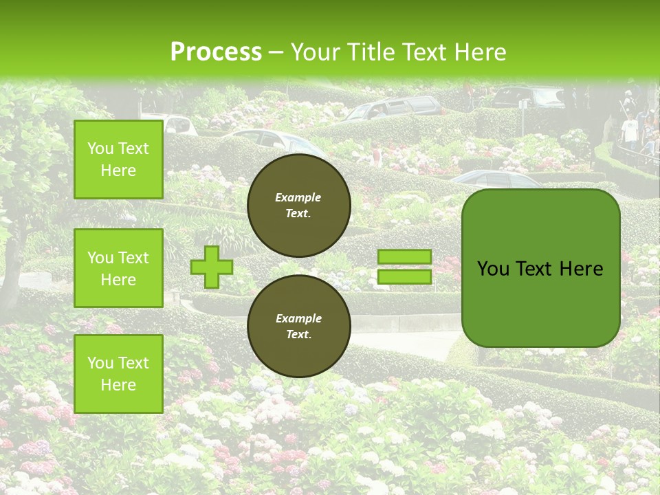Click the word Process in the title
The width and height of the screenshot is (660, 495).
point(216,52)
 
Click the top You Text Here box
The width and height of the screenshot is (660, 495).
point(118,159)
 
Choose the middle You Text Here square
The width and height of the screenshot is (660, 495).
point(118,268)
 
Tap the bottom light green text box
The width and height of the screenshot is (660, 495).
point(118,374)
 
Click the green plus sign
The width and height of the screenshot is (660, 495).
point(211,267)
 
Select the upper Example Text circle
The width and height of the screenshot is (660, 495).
point(298,205)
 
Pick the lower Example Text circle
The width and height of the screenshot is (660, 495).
point(298,326)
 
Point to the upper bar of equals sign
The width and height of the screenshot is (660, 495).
point(405,256)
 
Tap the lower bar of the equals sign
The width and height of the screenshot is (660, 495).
point(405,276)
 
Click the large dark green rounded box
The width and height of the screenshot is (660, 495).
point(540,268)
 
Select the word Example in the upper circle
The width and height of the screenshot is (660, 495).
point(298,197)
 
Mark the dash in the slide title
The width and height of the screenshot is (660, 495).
point(276,53)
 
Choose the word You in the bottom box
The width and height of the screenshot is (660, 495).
point(100,363)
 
